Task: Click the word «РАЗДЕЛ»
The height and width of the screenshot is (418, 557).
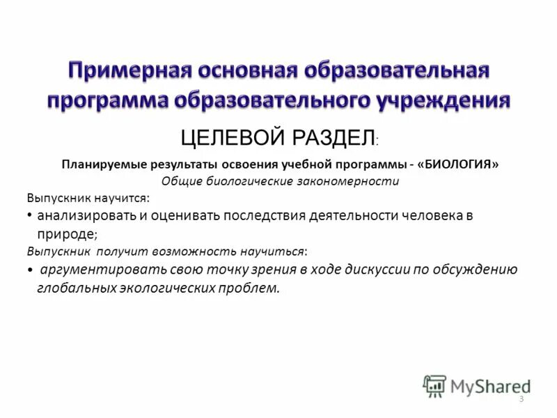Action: point(332,137)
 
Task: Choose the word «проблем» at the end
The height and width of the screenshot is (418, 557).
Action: point(252,288)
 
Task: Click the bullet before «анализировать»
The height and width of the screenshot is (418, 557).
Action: point(30,216)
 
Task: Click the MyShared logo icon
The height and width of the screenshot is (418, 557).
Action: point(434,386)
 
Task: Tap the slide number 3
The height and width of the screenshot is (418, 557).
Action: point(521,398)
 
